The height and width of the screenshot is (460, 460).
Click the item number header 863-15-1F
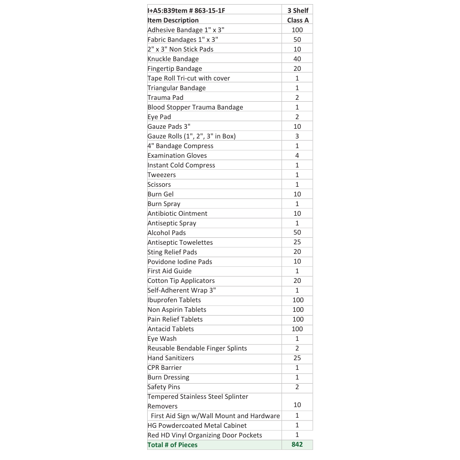click(x=187, y=11)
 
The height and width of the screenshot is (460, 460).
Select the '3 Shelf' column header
click(x=298, y=11)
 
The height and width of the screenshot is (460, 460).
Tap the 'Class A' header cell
click(x=298, y=20)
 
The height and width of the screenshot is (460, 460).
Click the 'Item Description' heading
click(x=173, y=20)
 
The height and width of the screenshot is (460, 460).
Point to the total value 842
click(x=297, y=444)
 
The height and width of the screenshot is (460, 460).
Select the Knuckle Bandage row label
click(x=173, y=59)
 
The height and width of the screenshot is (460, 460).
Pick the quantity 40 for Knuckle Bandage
click(x=297, y=59)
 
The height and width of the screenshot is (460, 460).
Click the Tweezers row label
click(x=161, y=175)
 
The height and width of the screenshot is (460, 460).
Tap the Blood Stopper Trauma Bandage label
click(x=195, y=107)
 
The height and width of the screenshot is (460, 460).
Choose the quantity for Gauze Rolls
click(x=297, y=136)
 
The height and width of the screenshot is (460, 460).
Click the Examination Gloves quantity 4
click(x=297, y=155)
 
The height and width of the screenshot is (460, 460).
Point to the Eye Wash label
click(x=162, y=339)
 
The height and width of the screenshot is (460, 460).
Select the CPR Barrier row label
click(x=164, y=368)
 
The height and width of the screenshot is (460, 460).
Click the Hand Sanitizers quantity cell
click(x=297, y=358)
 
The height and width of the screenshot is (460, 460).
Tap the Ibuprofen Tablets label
click(x=174, y=300)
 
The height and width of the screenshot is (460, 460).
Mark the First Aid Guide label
click(x=169, y=271)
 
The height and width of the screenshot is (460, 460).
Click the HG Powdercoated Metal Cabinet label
click(x=197, y=425)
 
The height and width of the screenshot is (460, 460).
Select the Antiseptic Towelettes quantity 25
click(x=297, y=242)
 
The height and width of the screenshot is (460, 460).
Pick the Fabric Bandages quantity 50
click(x=297, y=40)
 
